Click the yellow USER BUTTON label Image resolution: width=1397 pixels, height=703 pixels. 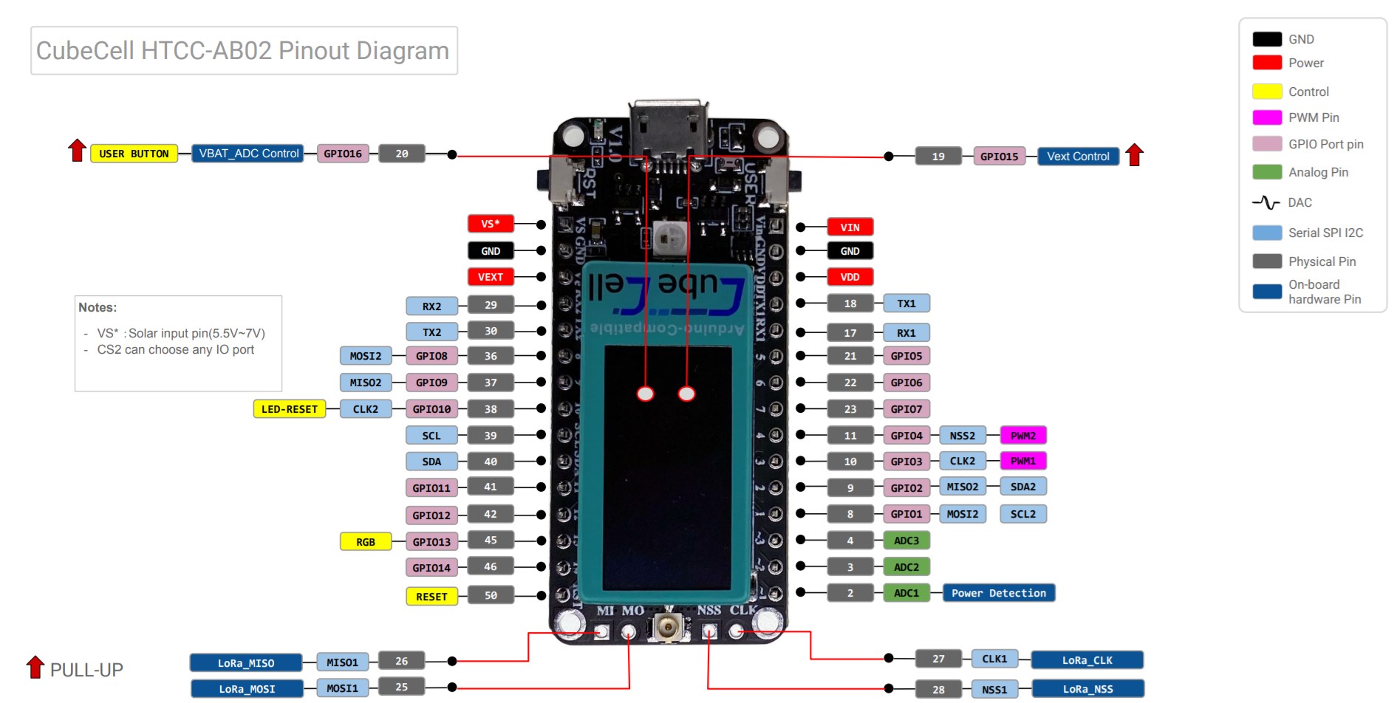pyautogui.click(x=134, y=154)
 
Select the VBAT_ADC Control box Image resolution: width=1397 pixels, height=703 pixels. pyautogui.click(x=248, y=154)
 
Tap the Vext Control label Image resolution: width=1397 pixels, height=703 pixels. pyautogui.click(x=1078, y=157)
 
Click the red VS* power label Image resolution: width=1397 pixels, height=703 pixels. pyautogui.click(x=491, y=224)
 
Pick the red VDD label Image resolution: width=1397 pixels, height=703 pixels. pyautogui.click(x=850, y=277)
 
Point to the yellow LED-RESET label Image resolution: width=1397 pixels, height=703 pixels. pyautogui.click(x=289, y=409)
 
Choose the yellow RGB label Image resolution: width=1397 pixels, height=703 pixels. pyautogui.click(x=366, y=542)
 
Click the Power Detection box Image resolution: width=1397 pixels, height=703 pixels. pyautogui.click(x=998, y=593)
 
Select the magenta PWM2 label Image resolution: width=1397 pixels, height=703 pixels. pyautogui.click(x=1023, y=436)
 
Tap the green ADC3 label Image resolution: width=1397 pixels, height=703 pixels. pyautogui.click(x=906, y=541)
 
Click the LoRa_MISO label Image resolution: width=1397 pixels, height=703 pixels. pyautogui.click(x=246, y=663)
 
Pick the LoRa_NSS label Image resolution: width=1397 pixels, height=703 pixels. pyautogui.click(x=1087, y=689)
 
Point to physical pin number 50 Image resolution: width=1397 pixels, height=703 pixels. pyautogui.click(x=491, y=595)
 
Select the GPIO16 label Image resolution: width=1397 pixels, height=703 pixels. pyautogui.click(x=343, y=154)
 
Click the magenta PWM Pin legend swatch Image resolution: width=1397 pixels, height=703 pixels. pyautogui.click(x=1267, y=117)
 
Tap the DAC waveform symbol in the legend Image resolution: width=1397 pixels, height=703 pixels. pyautogui.click(x=1266, y=202)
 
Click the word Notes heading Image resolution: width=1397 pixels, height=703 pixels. pyautogui.click(x=98, y=307)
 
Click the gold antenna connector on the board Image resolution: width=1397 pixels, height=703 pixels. pyautogui.click(x=667, y=628)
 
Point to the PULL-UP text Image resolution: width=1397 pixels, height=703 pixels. pyautogui.click(x=86, y=670)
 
